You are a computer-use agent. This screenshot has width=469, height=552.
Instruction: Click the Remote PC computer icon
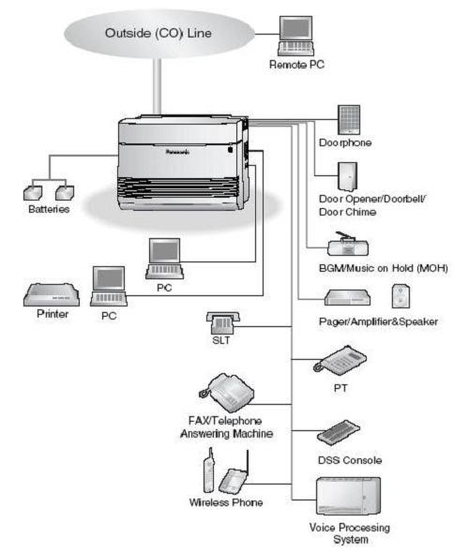point(295,36)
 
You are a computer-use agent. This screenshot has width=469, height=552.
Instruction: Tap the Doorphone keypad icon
point(349,120)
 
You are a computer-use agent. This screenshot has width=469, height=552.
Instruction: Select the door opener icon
point(347,177)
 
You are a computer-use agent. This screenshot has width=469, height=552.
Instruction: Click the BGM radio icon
point(348,244)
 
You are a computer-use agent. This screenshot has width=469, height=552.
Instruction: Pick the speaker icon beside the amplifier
point(401,296)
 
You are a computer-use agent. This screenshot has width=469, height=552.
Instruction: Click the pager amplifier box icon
point(347,298)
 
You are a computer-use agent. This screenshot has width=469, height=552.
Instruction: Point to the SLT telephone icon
point(222,322)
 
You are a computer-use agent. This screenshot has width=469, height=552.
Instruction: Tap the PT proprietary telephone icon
point(340,359)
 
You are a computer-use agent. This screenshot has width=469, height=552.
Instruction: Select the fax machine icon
point(226,393)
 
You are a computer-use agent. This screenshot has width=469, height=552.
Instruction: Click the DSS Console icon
point(339,432)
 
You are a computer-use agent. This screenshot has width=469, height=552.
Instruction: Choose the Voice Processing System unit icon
point(348,497)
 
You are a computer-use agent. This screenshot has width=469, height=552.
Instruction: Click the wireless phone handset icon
point(209,470)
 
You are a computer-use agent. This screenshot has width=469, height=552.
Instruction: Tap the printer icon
point(52,294)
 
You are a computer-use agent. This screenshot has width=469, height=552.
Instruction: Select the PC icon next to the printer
point(109,286)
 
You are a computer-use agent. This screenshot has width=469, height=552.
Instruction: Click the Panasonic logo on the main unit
point(177,152)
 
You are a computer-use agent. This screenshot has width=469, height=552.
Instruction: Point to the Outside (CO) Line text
point(159,33)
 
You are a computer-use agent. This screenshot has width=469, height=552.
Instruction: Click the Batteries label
point(49,209)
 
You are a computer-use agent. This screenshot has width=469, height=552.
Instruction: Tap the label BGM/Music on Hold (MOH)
point(384,268)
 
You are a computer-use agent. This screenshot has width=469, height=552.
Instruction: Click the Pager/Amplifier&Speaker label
point(378,321)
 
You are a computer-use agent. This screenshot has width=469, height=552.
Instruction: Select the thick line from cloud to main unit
point(158,86)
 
